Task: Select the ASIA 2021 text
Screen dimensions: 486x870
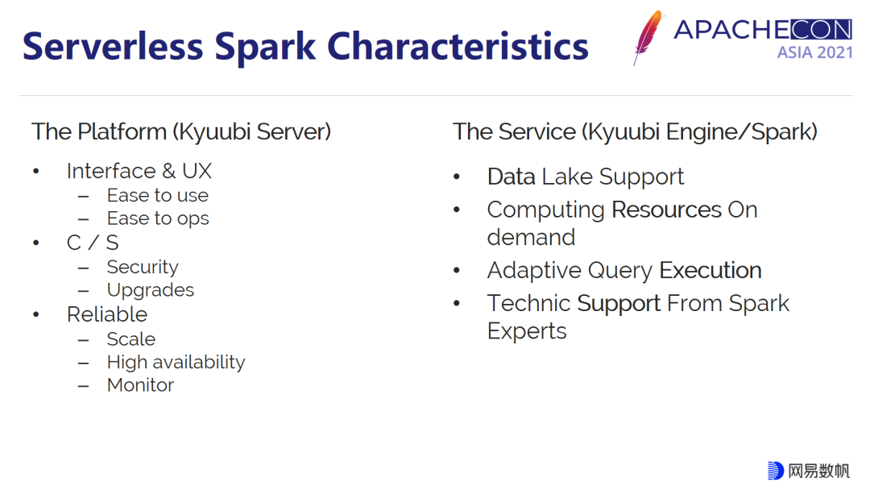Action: click(814, 52)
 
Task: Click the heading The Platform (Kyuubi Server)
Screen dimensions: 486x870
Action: click(181, 131)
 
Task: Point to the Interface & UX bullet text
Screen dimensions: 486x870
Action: click(139, 171)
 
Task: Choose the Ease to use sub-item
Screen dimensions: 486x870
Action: click(158, 195)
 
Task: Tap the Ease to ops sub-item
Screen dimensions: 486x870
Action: click(158, 218)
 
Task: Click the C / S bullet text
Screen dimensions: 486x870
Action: click(93, 243)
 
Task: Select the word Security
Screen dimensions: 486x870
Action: click(143, 267)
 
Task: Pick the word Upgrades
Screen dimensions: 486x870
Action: click(151, 290)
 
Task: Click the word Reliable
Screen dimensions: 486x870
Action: click(107, 314)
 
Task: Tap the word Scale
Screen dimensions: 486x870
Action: click(131, 339)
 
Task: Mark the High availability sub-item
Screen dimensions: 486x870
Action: click(176, 362)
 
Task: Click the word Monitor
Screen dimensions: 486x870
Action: click(140, 385)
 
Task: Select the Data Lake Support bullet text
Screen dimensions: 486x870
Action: click(586, 177)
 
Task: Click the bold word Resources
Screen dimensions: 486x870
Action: click(666, 210)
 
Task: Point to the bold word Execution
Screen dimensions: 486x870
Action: click(710, 270)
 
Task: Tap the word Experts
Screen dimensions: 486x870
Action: click(527, 331)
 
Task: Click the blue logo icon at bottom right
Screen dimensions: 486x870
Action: click(776, 470)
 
